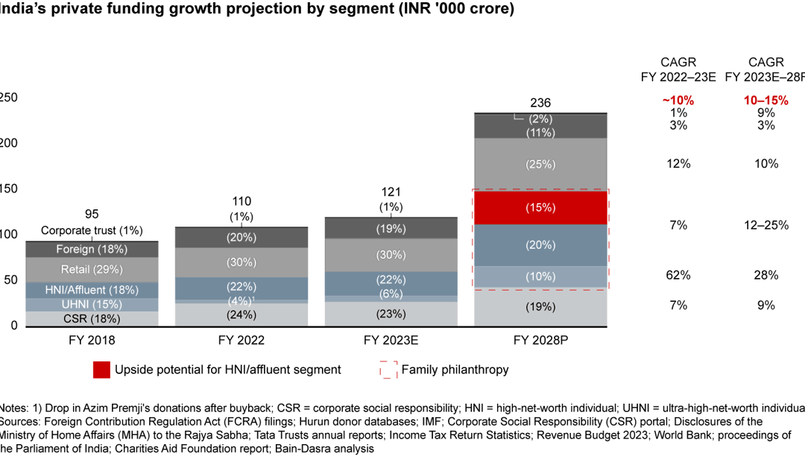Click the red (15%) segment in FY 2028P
click(x=541, y=208)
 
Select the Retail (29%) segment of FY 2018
click(x=92, y=269)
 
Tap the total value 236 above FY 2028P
click(x=540, y=103)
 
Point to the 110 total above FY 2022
click(x=241, y=201)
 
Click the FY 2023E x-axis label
click(x=391, y=341)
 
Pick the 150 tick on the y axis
click(x=8, y=189)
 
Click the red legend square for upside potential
click(x=102, y=369)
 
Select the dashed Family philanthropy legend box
click(x=388, y=369)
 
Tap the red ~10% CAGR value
click(x=678, y=100)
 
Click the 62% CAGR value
click(x=678, y=275)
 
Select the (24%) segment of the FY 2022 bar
click(x=241, y=314)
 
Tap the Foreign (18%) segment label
click(x=92, y=249)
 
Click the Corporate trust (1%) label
click(x=92, y=230)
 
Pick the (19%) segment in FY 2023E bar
click(x=391, y=229)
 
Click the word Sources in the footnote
click(x=16, y=421)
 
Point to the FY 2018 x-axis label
click(x=92, y=341)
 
